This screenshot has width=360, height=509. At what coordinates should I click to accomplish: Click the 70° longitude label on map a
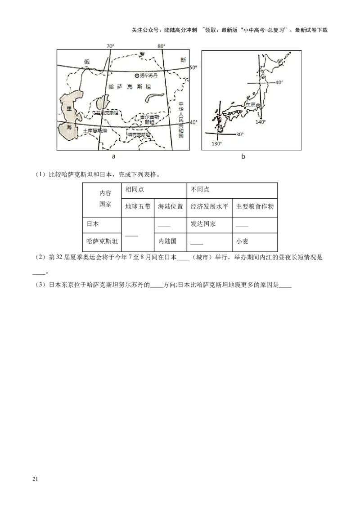point(110,46)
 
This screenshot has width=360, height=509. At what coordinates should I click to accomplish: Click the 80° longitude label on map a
point(161,46)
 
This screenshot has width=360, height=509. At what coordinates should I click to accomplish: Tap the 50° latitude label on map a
point(193,67)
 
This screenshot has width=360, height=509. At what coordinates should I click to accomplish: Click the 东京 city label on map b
point(250,104)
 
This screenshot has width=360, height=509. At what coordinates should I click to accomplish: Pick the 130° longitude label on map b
point(217,143)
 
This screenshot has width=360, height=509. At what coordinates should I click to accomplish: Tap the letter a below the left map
point(114,156)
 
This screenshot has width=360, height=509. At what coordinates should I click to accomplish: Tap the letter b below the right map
point(243,156)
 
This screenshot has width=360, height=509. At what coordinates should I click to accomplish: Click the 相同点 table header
point(135,189)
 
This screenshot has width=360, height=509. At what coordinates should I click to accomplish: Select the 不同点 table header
point(200,189)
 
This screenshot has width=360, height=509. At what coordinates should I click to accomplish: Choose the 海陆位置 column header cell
point(170,207)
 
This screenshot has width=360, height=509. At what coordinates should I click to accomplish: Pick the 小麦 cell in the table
point(242,241)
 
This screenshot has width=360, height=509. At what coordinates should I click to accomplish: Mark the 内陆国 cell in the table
point(167,241)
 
